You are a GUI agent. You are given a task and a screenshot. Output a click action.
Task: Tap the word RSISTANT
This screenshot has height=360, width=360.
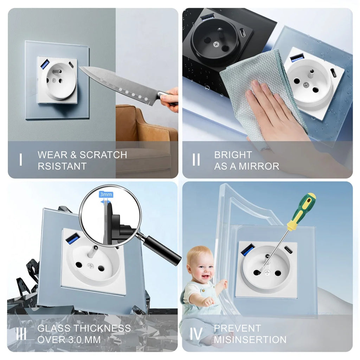click(62, 166)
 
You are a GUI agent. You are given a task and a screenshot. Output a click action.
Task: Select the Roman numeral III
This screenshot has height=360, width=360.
click(21, 334)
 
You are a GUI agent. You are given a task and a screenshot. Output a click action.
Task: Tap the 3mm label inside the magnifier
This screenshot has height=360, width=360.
click(106, 194)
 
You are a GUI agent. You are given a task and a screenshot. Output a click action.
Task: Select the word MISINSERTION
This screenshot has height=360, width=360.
click(250, 340)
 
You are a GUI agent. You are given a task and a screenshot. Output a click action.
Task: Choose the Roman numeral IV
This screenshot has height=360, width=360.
click(196, 334)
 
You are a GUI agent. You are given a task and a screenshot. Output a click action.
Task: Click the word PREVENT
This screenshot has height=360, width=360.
click(237, 329)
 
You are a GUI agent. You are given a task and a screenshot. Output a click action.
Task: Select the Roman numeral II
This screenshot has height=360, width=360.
click(196, 160)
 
